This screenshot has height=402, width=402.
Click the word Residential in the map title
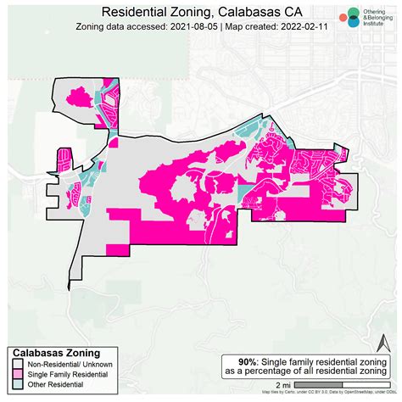click(x=137, y=12)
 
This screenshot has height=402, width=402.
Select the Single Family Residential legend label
click(x=65, y=374)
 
